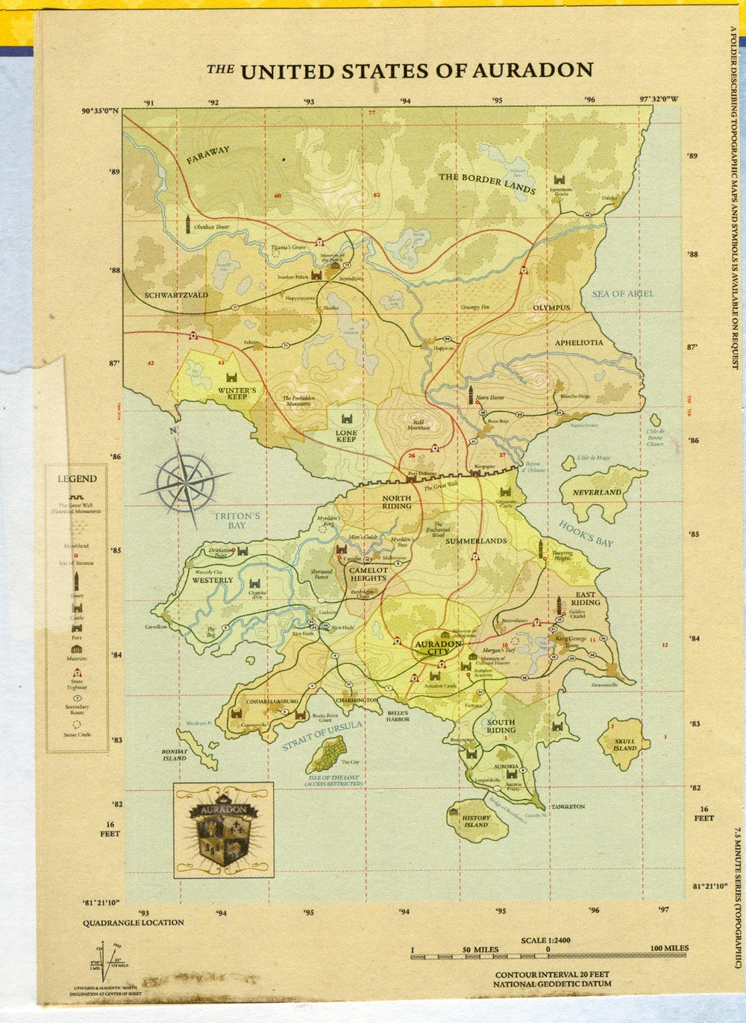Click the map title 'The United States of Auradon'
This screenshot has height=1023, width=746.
point(400,71)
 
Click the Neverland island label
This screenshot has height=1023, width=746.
point(597,492)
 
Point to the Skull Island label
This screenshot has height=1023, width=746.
point(625,745)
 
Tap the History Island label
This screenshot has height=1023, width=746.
point(476,822)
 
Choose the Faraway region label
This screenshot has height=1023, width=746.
point(208,155)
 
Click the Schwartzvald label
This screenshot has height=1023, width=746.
point(176,295)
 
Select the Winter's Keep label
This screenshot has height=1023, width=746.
point(237,393)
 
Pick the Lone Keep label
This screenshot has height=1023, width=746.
point(346,436)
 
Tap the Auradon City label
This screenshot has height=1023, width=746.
point(438,648)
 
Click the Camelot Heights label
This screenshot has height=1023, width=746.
point(369,574)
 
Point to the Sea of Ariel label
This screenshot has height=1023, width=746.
point(622,294)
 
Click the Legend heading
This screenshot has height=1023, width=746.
point(77,479)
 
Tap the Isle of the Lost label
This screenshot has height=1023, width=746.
point(333,780)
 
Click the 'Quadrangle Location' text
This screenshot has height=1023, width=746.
point(133,922)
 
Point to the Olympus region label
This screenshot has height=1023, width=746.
point(551,307)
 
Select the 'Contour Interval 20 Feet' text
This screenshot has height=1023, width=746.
point(552,974)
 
